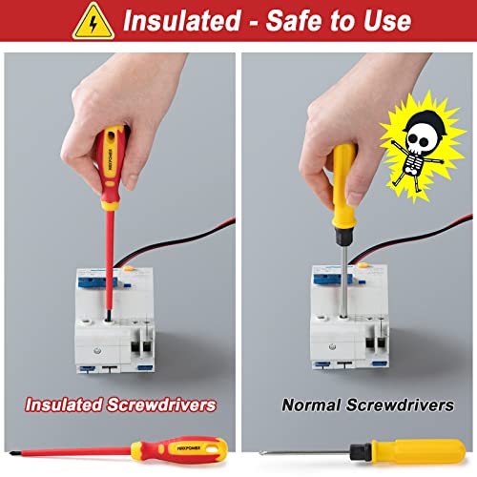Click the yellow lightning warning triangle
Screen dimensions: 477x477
click(93, 22)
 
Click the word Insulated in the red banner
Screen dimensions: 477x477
click(182, 21)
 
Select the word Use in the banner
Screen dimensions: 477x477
click(387, 21)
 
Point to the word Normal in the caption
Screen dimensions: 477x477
click(311, 404)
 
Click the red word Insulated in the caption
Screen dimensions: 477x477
click(64, 404)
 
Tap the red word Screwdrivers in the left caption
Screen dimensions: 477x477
click(161, 404)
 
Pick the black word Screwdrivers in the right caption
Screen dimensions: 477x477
click(400, 404)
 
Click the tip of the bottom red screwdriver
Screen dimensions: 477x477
click(11, 453)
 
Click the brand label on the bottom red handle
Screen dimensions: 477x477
click(189, 448)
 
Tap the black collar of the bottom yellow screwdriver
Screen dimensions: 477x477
click(361, 452)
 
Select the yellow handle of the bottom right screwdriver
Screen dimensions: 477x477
click(418, 451)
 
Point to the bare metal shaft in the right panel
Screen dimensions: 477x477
click(343, 280)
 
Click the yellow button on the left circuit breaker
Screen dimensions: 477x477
click(129, 268)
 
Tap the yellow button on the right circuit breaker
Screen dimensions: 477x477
click(363, 265)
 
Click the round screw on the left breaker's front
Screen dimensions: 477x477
click(97, 350)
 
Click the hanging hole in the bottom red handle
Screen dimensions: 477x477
click(212, 449)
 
